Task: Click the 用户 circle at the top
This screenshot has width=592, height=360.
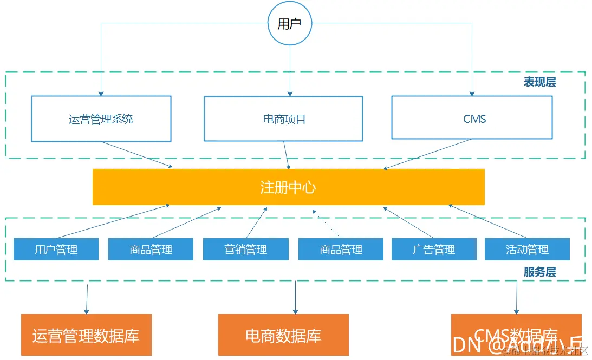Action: point(290,24)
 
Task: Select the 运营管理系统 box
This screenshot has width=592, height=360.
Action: point(101,119)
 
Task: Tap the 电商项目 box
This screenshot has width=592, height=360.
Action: point(283,119)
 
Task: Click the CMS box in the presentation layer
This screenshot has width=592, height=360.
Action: point(472,118)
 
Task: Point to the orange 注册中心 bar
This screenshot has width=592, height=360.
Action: point(288,187)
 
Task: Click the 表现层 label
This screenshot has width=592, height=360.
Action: point(539,82)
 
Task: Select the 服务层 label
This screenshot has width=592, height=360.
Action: point(539,272)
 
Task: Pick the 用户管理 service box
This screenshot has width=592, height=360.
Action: point(56,250)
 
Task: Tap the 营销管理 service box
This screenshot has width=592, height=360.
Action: point(245,250)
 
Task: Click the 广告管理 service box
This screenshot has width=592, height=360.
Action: point(433,250)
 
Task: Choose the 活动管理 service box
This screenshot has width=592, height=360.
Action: point(527,250)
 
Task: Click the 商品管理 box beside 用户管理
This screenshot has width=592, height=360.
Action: point(151,250)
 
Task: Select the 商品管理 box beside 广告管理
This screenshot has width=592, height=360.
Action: point(341,250)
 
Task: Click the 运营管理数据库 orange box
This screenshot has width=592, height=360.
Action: point(86,335)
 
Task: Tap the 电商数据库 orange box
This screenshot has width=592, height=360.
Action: point(283,335)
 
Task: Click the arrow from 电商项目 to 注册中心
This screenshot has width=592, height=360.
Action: point(287,155)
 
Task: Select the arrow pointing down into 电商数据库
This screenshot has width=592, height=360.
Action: point(296,297)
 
